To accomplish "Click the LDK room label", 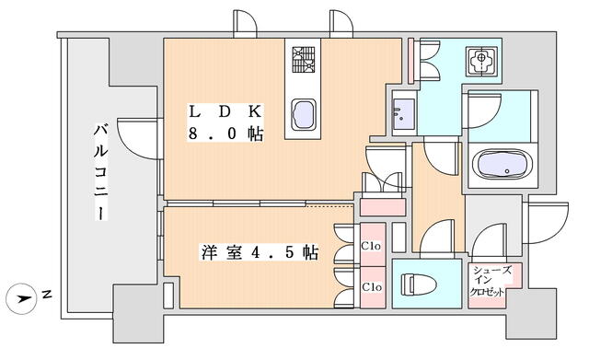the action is [x=225, y=112].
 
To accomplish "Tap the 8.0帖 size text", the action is [x=225, y=134].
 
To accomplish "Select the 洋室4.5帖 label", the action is [x=260, y=252].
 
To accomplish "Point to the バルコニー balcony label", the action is [x=100, y=172].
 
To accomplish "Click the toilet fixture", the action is [x=419, y=285].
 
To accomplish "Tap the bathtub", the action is [x=502, y=165].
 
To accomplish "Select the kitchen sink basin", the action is [x=304, y=114].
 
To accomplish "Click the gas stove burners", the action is [x=304, y=60].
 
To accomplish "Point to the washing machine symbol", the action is [x=481, y=59].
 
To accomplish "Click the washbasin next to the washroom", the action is [x=404, y=112].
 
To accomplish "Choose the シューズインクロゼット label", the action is [x=491, y=282].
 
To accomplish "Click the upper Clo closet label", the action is [x=371, y=246].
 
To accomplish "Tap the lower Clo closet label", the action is [x=372, y=287].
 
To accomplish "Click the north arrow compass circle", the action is [x=22, y=298].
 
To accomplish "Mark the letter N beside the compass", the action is [x=47, y=295].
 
